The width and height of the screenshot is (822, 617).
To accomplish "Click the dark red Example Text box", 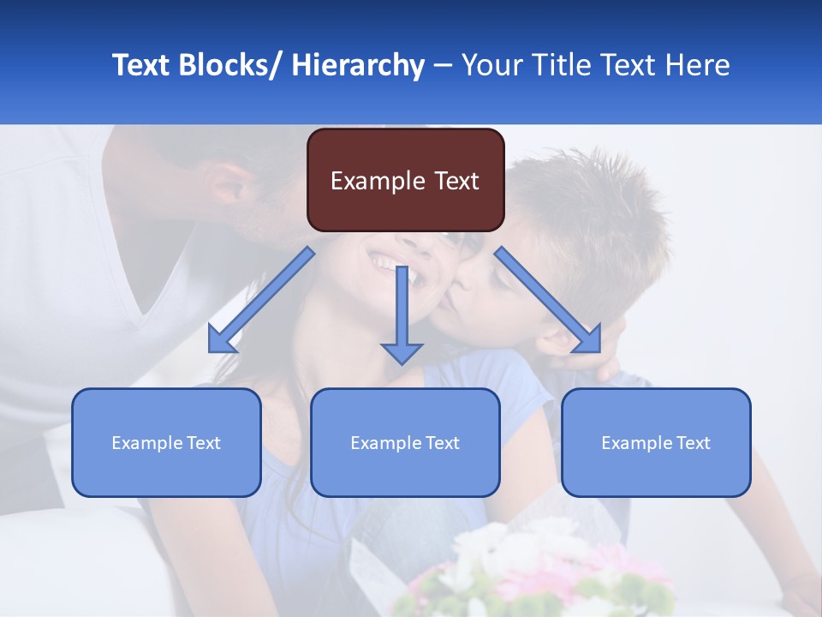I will coord(405,180).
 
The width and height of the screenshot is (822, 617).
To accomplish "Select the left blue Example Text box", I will coord(166,442).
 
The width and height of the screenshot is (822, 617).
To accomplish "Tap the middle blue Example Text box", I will coord(405,442).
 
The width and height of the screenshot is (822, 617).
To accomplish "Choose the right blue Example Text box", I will coord(656,442).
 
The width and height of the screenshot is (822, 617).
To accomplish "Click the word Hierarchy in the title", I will coord(357,65).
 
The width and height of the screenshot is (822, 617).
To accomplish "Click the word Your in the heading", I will coord(491,65).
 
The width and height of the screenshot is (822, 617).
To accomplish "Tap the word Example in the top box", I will coord(377,181).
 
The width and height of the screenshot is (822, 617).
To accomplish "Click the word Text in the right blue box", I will coord(693,442).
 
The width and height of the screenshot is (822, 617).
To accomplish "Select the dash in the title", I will coord(443,65).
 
